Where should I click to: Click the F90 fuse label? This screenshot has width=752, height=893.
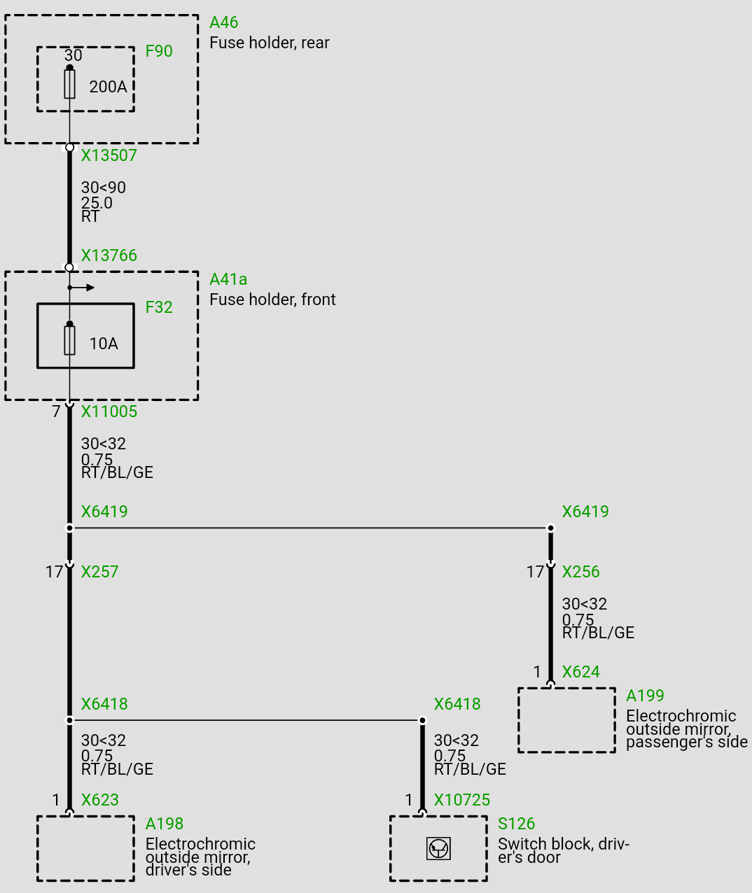point(159,51)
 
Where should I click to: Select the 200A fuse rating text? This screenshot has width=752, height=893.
point(108,87)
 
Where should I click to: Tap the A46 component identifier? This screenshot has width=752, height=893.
point(224,22)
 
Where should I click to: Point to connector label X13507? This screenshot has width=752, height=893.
point(109,155)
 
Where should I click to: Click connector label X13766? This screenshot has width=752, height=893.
point(109,255)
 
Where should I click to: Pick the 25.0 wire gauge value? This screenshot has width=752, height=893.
point(97,203)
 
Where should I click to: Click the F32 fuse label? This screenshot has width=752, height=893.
point(159,307)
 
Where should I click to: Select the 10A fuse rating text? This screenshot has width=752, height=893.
point(104,344)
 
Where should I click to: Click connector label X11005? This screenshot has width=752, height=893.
point(109,412)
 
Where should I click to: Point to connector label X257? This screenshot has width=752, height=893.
point(99,572)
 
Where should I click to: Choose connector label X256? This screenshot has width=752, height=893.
point(580,572)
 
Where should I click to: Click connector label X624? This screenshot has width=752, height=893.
point(580,672)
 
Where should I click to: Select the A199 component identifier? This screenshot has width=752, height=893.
point(645,696)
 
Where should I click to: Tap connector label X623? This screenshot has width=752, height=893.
point(99,800)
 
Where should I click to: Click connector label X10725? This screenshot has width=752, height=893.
point(462,800)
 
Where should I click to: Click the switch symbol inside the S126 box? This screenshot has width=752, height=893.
point(438,849)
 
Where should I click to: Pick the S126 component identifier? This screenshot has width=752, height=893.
point(516,824)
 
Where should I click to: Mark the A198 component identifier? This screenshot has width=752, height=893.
point(165,824)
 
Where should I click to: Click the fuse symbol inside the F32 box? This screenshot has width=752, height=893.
point(69,341)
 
